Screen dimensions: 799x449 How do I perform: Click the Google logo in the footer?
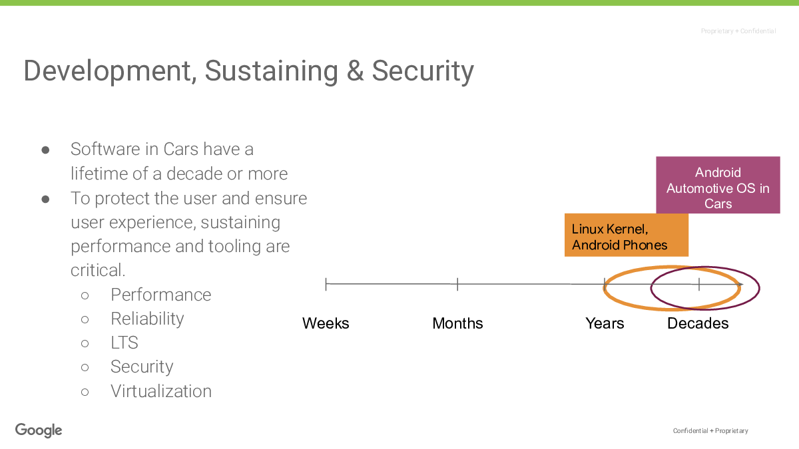tap(39, 430)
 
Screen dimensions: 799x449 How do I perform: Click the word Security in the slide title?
tap(423, 71)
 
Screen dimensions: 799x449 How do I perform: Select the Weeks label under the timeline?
tap(326, 323)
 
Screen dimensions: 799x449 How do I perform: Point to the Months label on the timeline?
tap(457, 323)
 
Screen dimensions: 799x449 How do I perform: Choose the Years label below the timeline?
tap(605, 323)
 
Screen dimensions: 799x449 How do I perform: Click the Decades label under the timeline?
tap(698, 323)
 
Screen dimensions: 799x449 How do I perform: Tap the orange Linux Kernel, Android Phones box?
tap(627, 235)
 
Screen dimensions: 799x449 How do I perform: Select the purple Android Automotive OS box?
tap(718, 185)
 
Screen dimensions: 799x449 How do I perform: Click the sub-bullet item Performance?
tap(161, 295)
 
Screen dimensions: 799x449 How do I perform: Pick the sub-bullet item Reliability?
tap(147, 319)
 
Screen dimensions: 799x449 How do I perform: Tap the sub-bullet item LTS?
tap(124, 343)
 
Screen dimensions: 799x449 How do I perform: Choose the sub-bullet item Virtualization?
tap(161, 391)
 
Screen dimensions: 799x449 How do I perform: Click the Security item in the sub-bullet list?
tap(142, 367)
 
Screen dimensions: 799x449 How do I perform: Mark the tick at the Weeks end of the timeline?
tap(326, 285)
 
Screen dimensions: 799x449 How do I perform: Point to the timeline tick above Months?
tap(457, 285)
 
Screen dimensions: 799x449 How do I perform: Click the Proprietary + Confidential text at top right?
tap(738, 31)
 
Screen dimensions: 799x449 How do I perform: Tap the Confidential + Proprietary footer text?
tap(710, 431)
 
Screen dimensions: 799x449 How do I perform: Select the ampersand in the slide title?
tap(355, 71)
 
